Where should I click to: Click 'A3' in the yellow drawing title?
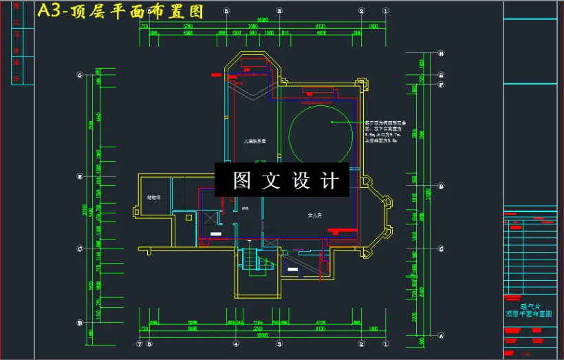pos(50,11)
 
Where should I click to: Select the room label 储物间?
pos(154,198)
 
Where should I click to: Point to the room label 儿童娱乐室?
pos(254,142)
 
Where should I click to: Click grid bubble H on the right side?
pos(441,53)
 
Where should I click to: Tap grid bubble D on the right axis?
pos(441,186)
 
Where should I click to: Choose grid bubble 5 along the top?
pos(226,11)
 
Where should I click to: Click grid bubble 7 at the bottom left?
pos(140,343)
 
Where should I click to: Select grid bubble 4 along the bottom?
pos(236,343)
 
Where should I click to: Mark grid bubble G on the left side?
pos(80,74)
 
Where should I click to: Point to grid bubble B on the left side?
pos(80,323)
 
